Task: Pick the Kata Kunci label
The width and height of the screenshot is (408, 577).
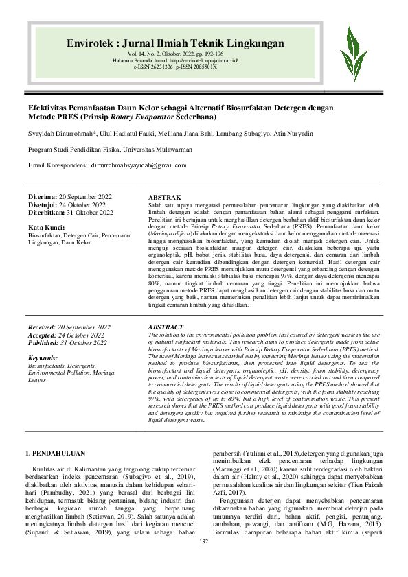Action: click(47, 226)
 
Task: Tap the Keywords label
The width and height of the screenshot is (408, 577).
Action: click(43, 358)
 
